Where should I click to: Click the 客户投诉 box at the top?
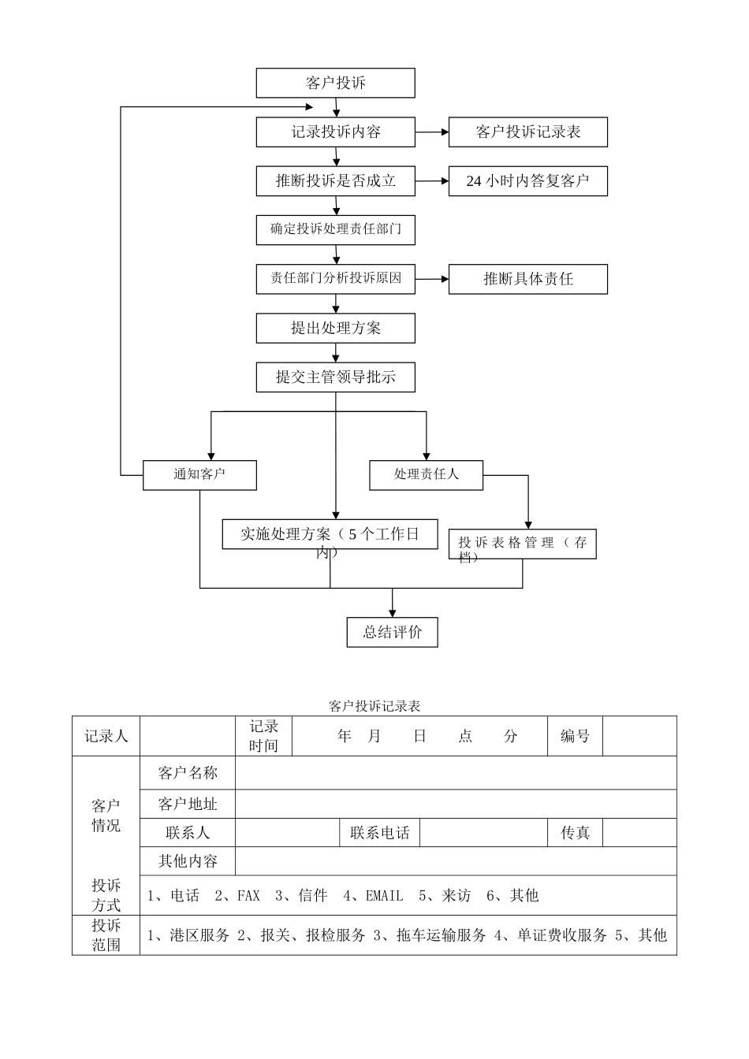pyautogui.click(x=335, y=83)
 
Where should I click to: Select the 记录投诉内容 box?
pyautogui.click(x=335, y=132)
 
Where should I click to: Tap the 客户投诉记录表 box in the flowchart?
pyautogui.click(x=527, y=132)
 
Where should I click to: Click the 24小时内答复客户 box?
pyautogui.click(x=527, y=180)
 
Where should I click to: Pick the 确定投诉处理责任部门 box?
pyautogui.click(x=335, y=229)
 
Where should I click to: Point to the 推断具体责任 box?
pyautogui.click(x=527, y=279)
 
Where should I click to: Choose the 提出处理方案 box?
pyautogui.click(x=335, y=328)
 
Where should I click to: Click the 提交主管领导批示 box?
pyautogui.click(x=335, y=377)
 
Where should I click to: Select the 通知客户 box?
pyautogui.click(x=199, y=474)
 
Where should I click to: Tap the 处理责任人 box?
pyautogui.click(x=426, y=474)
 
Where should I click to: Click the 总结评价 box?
pyautogui.click(x=392, y=632)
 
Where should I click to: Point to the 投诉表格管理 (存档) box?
pyautogui.click(x=522, y=544)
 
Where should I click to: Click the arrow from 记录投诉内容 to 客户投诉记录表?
pyautogui.click(x=432, y=132)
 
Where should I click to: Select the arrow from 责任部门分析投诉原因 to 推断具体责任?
pyautogui.click(x=432, y=279)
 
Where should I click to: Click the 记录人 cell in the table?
pyautogui.click(x=106, y=736)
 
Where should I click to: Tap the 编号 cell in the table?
pyautogui.click(x=575, y=736)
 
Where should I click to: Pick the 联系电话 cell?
pyautogui.click(x=379, y=833)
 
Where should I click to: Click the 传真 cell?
pyautogui.click(x=575, y=833)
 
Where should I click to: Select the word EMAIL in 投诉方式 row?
pyautogui.click(x=384, y=895)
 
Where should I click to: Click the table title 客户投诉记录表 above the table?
pyautogui.click(x=374, y=705)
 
